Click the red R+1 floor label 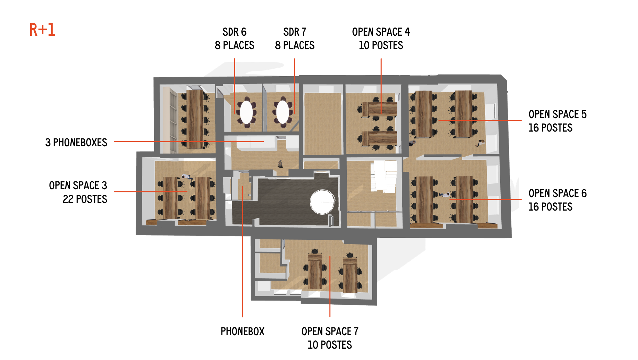[x=42, y=30]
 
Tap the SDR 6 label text [x=235, y=32]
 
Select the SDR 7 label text [x=295, y=32]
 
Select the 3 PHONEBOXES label [x=76, y=143]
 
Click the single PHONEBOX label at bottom [x=242, y=331]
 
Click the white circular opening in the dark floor [x=322, y=202]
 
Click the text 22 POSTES [x=85, y=199]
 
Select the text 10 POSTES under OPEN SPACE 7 [x=330, y=345]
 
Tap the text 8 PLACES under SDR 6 [x=235, y=45]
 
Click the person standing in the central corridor [x=280, y=164]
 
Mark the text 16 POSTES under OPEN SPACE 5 [x=550, y=128]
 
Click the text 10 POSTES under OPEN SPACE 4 [x=381, y=45]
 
